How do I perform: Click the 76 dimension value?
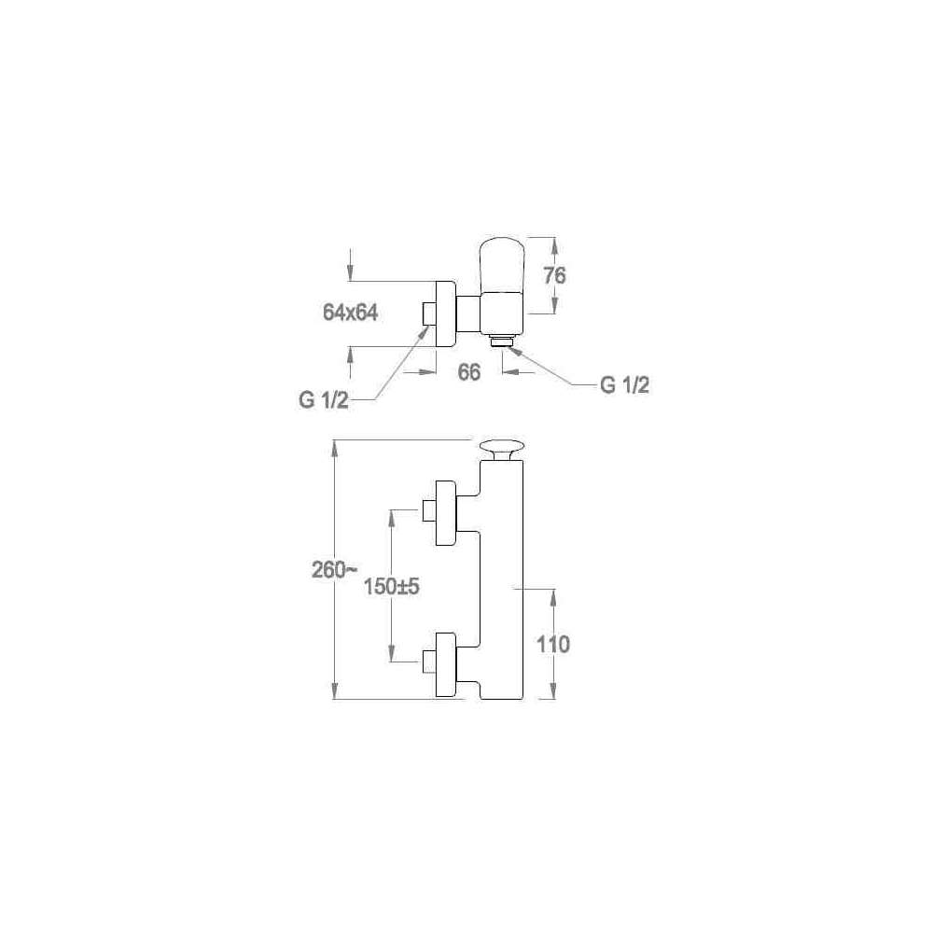click(554, 275)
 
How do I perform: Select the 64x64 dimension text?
click(351, 313)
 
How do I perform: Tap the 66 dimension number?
click(469, 372)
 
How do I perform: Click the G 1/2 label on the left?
click(324, 400)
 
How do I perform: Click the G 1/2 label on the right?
click(625, 385)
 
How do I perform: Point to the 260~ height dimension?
click(336, 570)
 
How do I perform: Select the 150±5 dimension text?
click(392, 587)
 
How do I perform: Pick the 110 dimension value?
click(553, 644)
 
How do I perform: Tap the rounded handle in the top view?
click(502, 265)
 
